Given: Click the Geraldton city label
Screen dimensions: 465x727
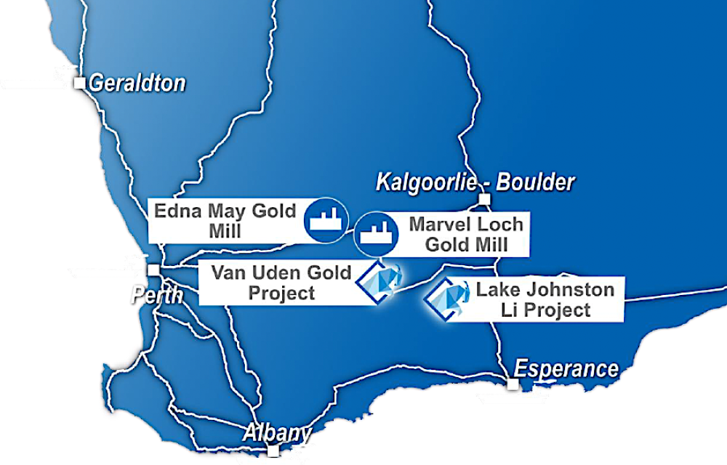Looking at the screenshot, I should pyautogui.click(x=137, y=84).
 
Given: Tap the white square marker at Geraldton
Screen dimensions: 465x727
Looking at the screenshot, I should pyautogui.click(x=80, y=84).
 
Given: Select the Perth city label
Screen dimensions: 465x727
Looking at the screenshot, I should pyautogui.click(x=154, y=295).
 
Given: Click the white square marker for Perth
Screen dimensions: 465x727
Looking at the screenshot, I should pyautogui.click(x=153, y=270).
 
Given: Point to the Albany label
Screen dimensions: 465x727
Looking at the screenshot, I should pyautogui.click(x=277, y=433).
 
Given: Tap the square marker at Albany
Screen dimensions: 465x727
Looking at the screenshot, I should pyautogui.click(x=273, y=451).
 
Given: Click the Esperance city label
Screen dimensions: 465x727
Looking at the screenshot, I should pyautogui.click(x=566, y=369).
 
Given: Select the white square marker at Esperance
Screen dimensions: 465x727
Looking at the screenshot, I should pyautogui.click(x=513, y=384).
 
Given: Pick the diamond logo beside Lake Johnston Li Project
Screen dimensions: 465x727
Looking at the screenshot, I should pyautogui.click(x=446, y=297).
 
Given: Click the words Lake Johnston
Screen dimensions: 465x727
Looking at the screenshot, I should pyautogui.click(x=545, y=291).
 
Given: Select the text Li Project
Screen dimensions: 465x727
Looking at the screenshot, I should pyautogui.click(x=545, y=310).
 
